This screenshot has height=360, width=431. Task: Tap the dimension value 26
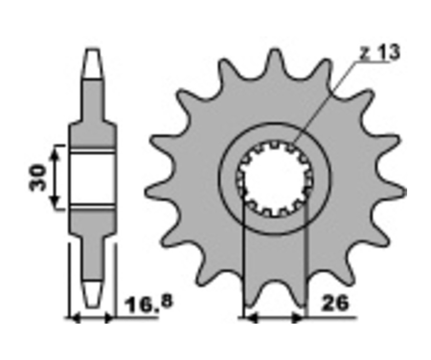pyautogui.click(x=335, y=303)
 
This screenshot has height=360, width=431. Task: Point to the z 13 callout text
pyautogui.click(x=380, y=52)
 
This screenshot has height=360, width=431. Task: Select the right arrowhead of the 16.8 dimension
pyautogui.click(x=109, y=318)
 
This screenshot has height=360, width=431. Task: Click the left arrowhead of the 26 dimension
pyautogui.click(x=250, y=318)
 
